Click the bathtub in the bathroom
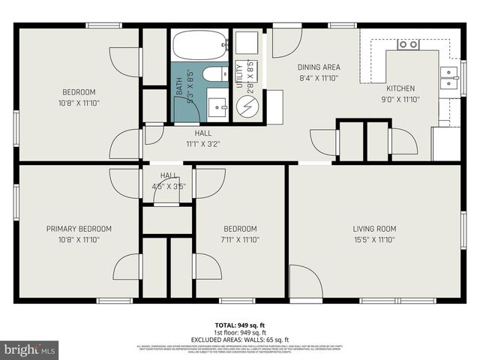[x=199, y=45]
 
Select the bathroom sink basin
[x=217, y=104]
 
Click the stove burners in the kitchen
[x=408, y=44]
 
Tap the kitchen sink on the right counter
[x=448, y=77]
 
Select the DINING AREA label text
[x=319, y=67]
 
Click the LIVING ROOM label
[x=374, y=229]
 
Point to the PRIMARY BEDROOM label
[x=79, y=229]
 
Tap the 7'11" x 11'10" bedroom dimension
[x=240, y=240]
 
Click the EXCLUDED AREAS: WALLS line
[x=240, y=340]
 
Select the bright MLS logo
[x=30, y=349]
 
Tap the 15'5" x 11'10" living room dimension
[x=374, y=240]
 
